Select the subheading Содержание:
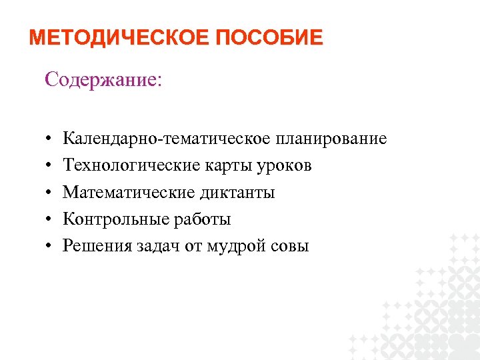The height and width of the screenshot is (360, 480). point(103,79)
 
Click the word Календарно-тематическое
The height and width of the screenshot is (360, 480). point(167,139)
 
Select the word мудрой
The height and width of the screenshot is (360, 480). point(233,247)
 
